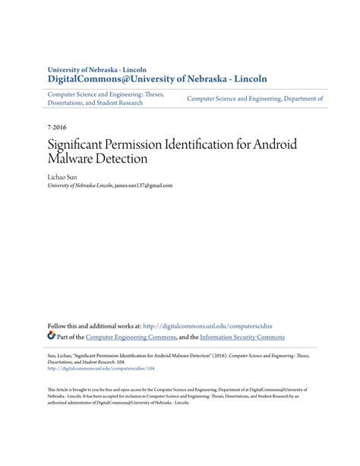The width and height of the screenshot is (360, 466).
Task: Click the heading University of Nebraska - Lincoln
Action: [x=98, y=68]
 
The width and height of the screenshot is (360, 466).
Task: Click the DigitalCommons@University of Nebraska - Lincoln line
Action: [x=157, y=78]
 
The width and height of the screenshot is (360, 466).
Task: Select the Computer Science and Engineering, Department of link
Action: [x=255, y=99]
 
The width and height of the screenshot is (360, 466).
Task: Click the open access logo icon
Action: [x=51, y=335]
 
